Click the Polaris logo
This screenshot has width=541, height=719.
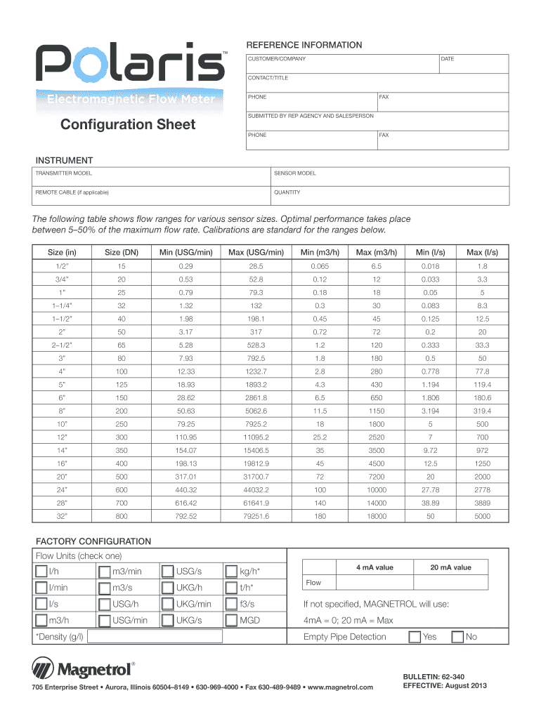(x=131, y=64)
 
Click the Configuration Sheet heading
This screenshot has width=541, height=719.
(x=127, y=125)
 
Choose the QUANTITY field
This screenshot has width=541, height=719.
(x=390, y=195)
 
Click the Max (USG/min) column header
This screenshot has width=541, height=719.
(x=255, y=252)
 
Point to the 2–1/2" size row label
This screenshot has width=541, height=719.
(x=63, y=345)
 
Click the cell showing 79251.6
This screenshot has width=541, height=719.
(x=255, y=516)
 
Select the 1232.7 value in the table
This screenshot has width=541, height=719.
(x=255, y=371)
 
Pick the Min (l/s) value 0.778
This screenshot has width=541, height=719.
(x=430, y=371)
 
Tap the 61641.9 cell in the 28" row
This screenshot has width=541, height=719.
(x=255, y=503)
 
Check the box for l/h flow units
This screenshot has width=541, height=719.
(x=42, y=572)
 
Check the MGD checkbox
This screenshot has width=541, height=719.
(x=231, y=620)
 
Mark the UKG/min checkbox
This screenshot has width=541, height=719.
(x=167, y=604)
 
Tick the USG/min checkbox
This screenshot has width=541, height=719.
(x=105, y=620)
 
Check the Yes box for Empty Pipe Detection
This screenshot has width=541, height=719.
(x=415, y=637)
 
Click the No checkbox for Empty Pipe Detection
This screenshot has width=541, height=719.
(x=457, y=637)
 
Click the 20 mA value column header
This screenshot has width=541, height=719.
(x=451, y=567)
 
